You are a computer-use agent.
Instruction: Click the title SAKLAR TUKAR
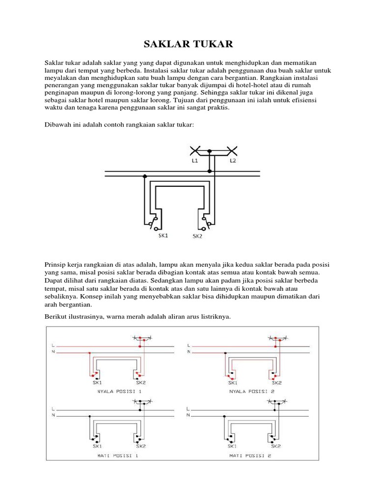pos(188,45)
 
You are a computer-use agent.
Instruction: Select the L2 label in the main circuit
pos(232,161)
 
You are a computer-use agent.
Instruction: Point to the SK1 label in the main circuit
pos(163,235)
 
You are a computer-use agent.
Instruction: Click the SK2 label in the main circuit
pos(197,236)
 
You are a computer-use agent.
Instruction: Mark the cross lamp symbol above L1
pos(194,151)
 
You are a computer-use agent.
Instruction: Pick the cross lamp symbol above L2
pos(232,151)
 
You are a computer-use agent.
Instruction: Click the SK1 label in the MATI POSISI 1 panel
pos(97,446)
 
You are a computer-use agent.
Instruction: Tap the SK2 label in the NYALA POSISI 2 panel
pos(276,382)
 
